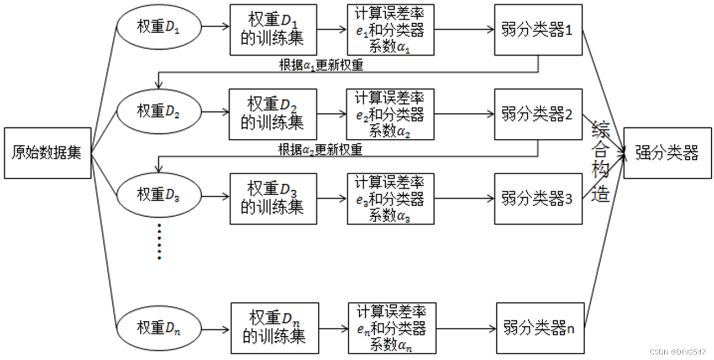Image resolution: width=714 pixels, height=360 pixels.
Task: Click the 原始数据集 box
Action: [47, 153]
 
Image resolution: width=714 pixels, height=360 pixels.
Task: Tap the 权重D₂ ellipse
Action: [158, 111]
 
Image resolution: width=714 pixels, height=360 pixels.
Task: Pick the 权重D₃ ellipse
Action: [158, 195]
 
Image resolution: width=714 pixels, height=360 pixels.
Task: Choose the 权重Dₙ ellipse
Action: [158, 328]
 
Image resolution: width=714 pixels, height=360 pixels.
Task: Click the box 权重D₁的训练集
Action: [273, 30]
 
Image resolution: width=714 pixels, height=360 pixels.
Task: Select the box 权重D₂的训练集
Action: [273, 114]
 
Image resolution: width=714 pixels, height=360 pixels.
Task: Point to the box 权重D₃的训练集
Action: [273, 199]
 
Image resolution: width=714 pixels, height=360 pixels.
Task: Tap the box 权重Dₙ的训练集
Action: [275, 328]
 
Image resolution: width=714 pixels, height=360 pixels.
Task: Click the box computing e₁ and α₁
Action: [390, 30]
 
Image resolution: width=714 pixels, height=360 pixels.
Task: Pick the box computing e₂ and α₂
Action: [390, 114]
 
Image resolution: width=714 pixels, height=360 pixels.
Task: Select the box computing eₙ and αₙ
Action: [392, 328]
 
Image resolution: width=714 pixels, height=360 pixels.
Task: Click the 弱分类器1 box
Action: [538, 30]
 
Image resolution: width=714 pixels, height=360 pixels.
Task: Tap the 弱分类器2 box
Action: [538, 114]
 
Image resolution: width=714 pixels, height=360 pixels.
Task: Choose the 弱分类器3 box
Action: [538, 199]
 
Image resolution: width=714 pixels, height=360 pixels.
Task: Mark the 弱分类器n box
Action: [540, 328]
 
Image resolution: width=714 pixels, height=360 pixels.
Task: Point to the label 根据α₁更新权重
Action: [321, 65]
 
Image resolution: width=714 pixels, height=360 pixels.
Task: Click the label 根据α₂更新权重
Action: [321, 150]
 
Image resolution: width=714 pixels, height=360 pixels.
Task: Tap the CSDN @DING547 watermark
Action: [677, 352]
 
